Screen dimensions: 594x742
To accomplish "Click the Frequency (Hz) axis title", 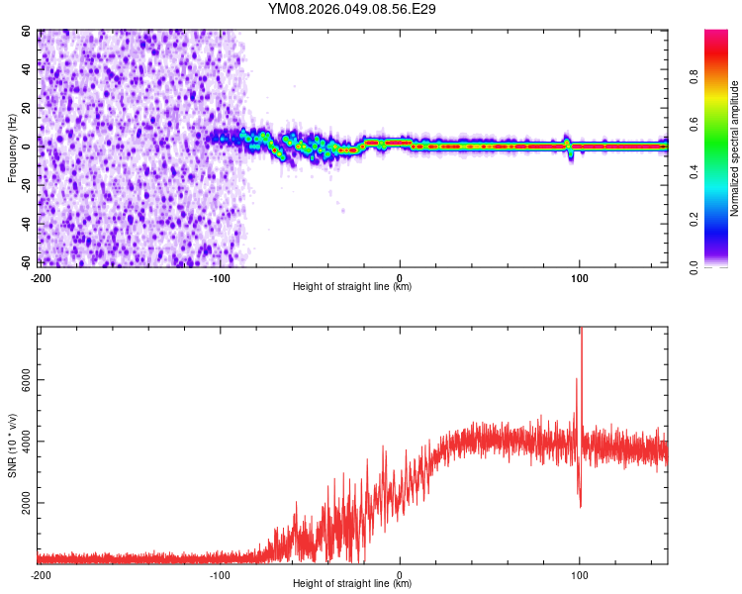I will tap(13, 148).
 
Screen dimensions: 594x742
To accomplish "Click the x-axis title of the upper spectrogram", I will tap(352, 287).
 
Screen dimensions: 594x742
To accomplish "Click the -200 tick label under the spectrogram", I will tap(41, 278).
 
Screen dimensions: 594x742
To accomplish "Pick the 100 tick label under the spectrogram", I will tap(579, 278).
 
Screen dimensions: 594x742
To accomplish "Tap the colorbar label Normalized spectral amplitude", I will tap(735, 148).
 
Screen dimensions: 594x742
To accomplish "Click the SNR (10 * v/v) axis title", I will tap(13, 445).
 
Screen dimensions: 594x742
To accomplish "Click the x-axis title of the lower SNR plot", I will tap(352, 584).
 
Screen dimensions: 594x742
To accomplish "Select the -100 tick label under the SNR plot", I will tap(220, 575).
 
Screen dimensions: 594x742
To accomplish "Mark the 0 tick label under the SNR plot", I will tap(400, 575).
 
